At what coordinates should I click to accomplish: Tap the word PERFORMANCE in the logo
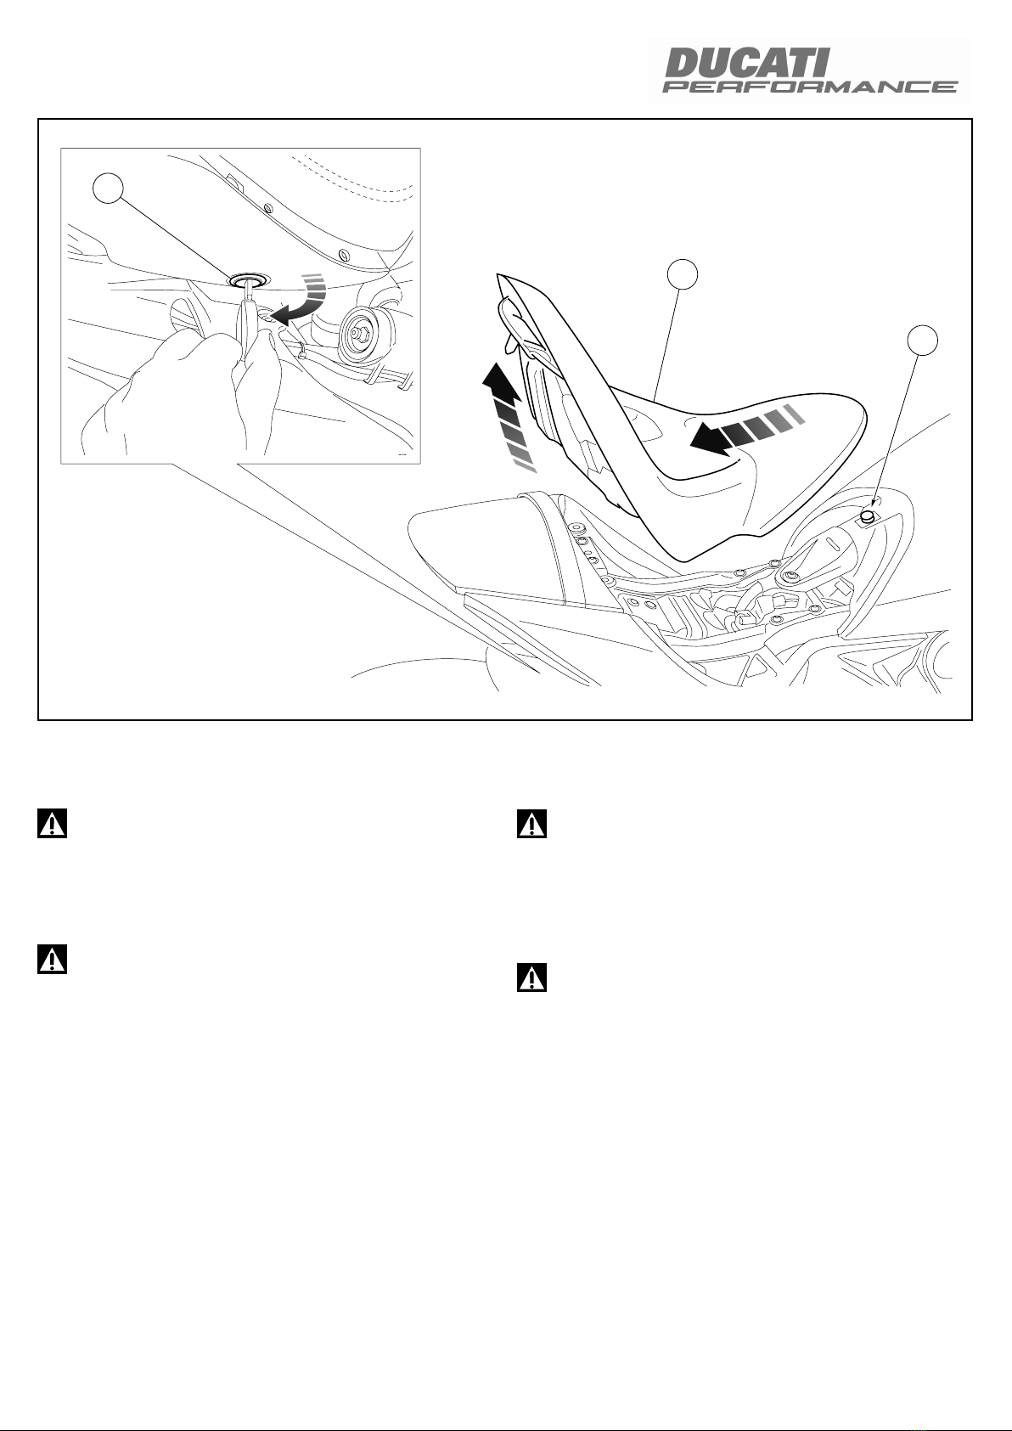[x=810, y=87]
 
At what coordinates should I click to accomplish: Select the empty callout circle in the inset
[x=108, y=189]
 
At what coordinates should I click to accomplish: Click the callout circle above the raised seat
[x=683, y=274]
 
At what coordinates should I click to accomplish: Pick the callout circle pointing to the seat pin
[x=923, y=341]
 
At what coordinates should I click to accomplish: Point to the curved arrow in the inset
[x=300, y=301]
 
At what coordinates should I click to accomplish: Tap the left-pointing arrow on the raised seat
[x=744, y=430]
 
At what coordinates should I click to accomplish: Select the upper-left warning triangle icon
[x=53, y=824]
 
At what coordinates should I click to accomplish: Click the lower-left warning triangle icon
[x=53, y=960]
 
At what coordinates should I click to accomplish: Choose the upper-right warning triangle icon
[x=531, y=824]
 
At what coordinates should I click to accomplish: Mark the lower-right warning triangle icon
[x=531, y=977]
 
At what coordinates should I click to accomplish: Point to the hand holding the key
[x=185, y=390]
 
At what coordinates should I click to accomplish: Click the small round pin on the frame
[x=867, y=515]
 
